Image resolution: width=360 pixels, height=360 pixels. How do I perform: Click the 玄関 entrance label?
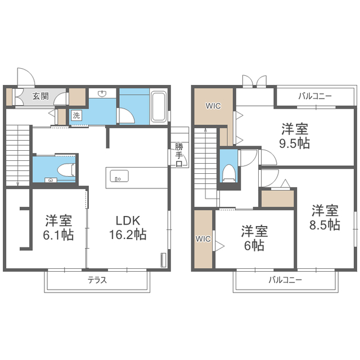(x=40, y=96)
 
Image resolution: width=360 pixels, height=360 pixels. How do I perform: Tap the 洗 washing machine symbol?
(x=76, y=115)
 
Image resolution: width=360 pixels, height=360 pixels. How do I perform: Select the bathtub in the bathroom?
(x=159, y=106)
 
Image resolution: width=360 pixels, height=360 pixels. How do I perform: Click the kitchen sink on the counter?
(x=119, y=176)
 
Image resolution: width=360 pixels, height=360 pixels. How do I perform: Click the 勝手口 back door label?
(x=179, y=155)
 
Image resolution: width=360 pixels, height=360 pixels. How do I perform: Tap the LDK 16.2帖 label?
(x=128, y=227)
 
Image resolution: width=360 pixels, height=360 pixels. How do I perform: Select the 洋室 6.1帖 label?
(x=58, y=227)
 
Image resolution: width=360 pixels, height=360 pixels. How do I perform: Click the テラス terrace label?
(x=97, y=280)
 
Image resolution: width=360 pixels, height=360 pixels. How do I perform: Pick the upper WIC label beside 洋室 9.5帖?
(x=213, y=106)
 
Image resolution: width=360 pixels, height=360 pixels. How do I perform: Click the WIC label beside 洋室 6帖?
(x=203, y=239)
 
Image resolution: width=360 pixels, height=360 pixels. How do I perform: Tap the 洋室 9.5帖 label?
(x=295, y=136)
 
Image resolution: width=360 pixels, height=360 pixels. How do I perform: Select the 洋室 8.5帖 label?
(x=325, y=218)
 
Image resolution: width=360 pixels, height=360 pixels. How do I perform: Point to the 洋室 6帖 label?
(x=254, y=238)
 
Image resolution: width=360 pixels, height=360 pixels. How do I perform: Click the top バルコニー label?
(x=315, y=96)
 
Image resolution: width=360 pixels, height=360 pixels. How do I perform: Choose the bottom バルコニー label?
(x=285, y=280)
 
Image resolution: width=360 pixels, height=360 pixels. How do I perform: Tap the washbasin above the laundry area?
(x=102, y=93)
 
